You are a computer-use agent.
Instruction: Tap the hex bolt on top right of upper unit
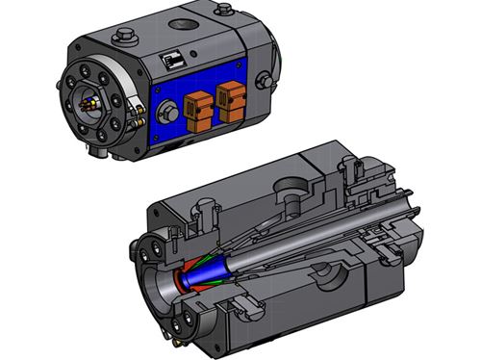222,11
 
